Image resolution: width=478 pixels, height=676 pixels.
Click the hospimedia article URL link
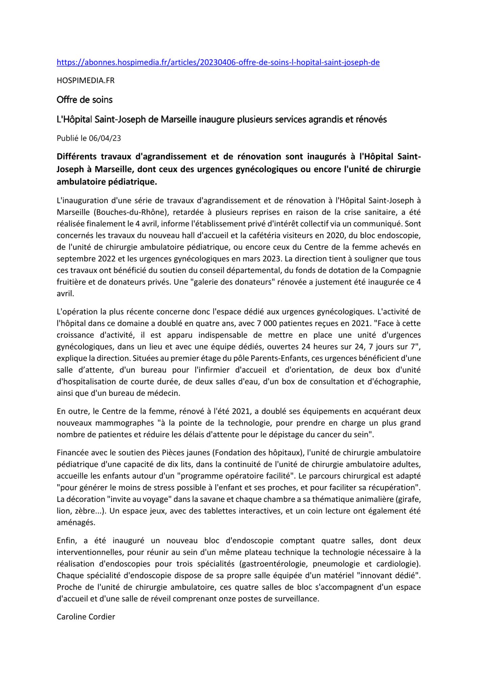pos(218,63)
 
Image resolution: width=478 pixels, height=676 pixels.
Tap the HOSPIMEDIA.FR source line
pos(85,81)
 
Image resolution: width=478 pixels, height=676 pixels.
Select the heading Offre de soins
pos(84,100)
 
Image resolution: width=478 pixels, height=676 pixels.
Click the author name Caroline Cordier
pos(86,617)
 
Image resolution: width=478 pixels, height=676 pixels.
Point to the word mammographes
pos(124,423)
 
